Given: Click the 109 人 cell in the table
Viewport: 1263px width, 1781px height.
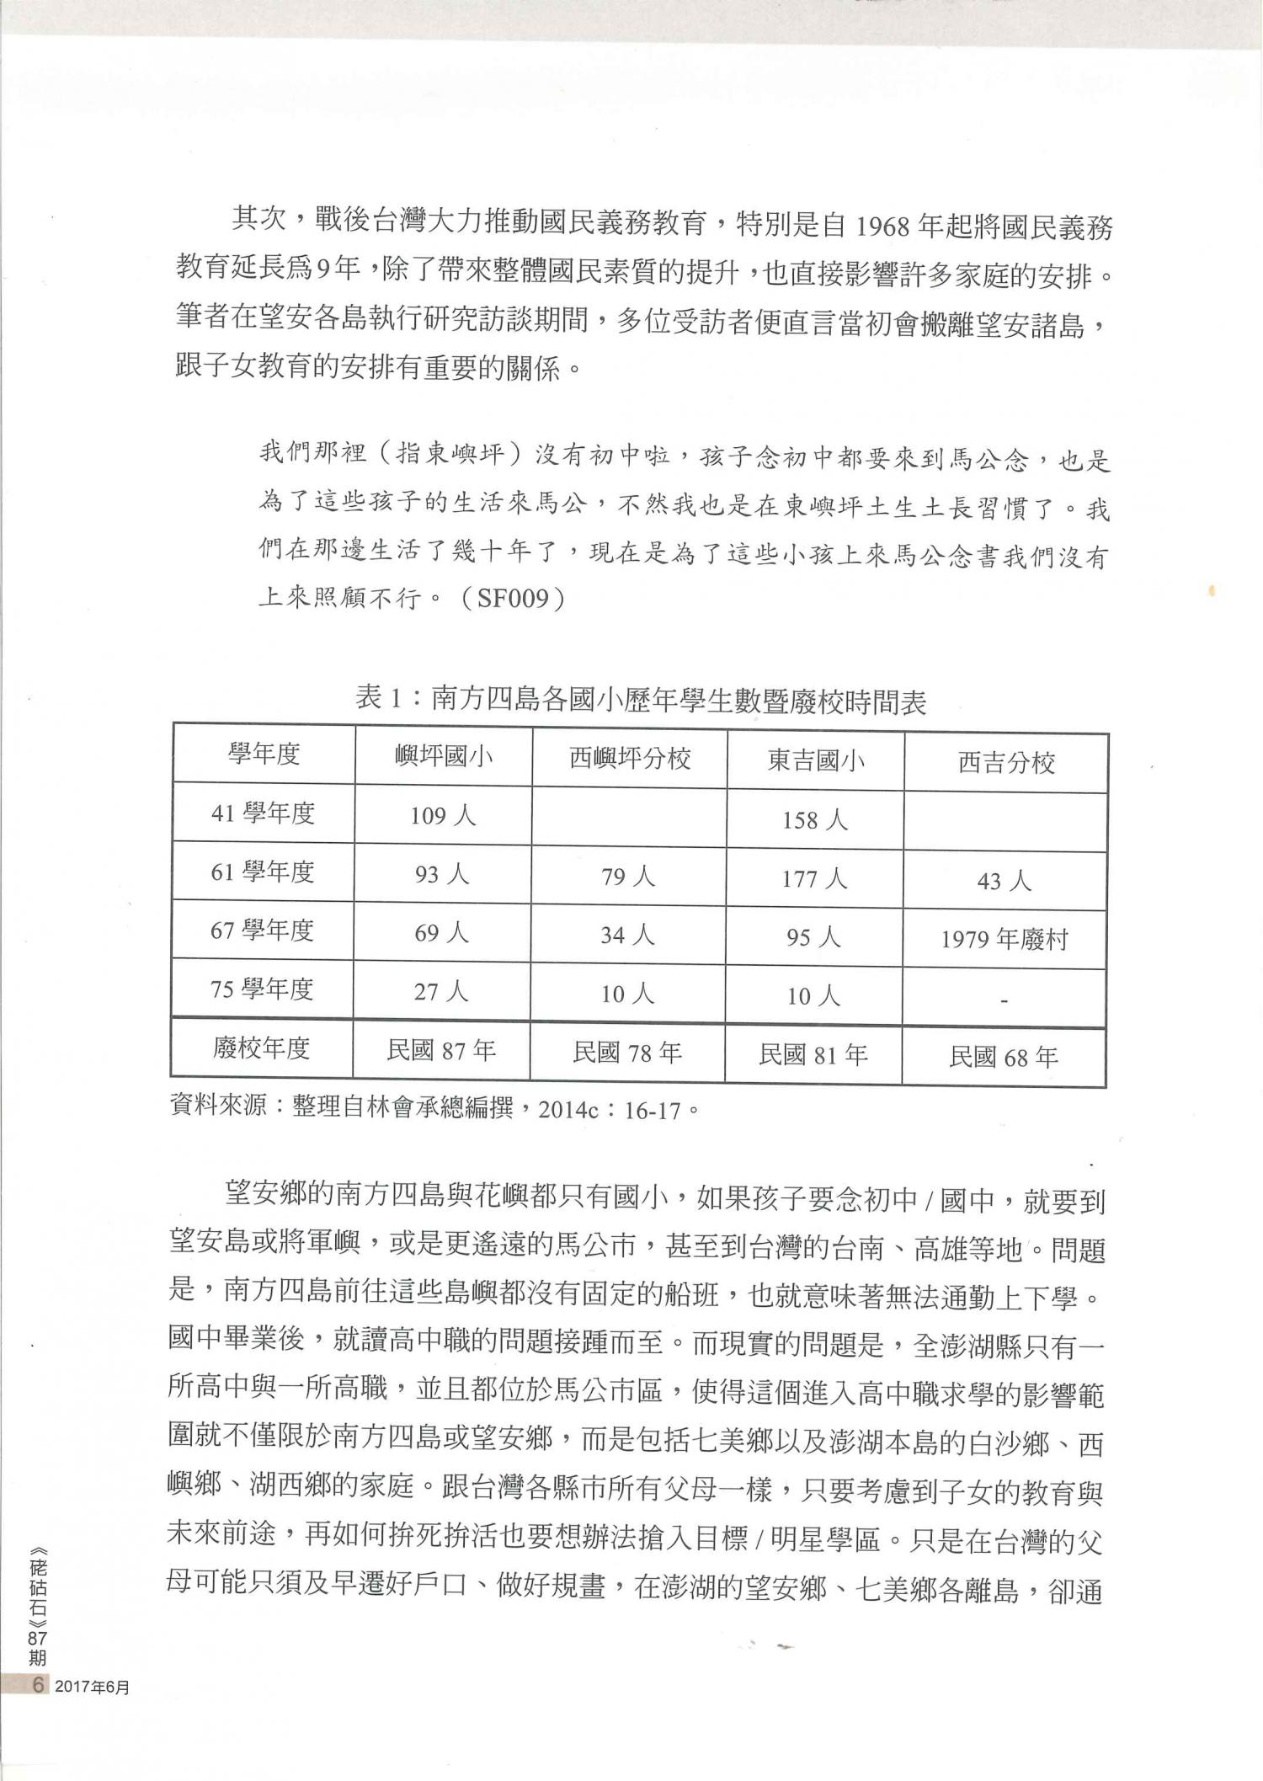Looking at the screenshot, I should pyautogui.click(x=443, y=815).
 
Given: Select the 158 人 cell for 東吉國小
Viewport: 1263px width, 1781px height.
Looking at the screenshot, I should pyautogui.click(x=814, y=819).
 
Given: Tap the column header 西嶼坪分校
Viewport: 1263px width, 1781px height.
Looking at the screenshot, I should pyautogui.click(x=630, y=759).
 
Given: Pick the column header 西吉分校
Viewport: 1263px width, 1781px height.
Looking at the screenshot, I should pyautogui.click(x=1006, y=763).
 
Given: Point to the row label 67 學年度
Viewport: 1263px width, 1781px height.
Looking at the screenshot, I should pyautogui.click(x=262, y=930).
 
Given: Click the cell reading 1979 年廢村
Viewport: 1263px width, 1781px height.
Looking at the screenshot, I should pyautogui.click(x=1005, y=940).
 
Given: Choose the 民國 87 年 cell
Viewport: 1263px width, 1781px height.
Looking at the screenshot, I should pyautogui.click(x=441, y=1050).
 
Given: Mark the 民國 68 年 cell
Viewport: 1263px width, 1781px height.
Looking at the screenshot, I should pyautogui.click(x=1004, y=1057).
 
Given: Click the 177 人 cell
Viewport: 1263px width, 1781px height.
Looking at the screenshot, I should pyautogui.click(x=814, y=878).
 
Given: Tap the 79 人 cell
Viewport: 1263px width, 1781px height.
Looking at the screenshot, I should pyautogui.click(x=628, y=877).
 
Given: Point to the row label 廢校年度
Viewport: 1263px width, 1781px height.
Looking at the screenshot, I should pyautogui.click(x=261, y=1048).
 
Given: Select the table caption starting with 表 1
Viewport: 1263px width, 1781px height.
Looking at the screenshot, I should pyautogui.click(x=641, y=700).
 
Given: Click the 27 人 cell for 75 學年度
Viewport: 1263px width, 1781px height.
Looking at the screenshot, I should pyautogui.click(x=441, y=991).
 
